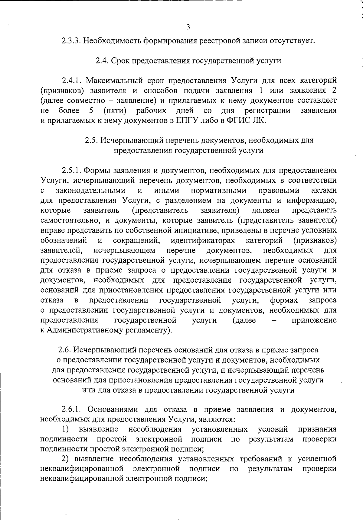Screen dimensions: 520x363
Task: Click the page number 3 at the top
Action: pos(188,27)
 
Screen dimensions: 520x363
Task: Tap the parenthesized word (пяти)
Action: pos(115,111)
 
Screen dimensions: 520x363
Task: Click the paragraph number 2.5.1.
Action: pos(71,170)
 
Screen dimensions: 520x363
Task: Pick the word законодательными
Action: pos(91,190)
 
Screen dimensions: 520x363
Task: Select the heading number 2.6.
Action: pos(64,350)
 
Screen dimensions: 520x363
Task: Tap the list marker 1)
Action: pos(66,429)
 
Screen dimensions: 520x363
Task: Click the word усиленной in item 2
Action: pos(317,459)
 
